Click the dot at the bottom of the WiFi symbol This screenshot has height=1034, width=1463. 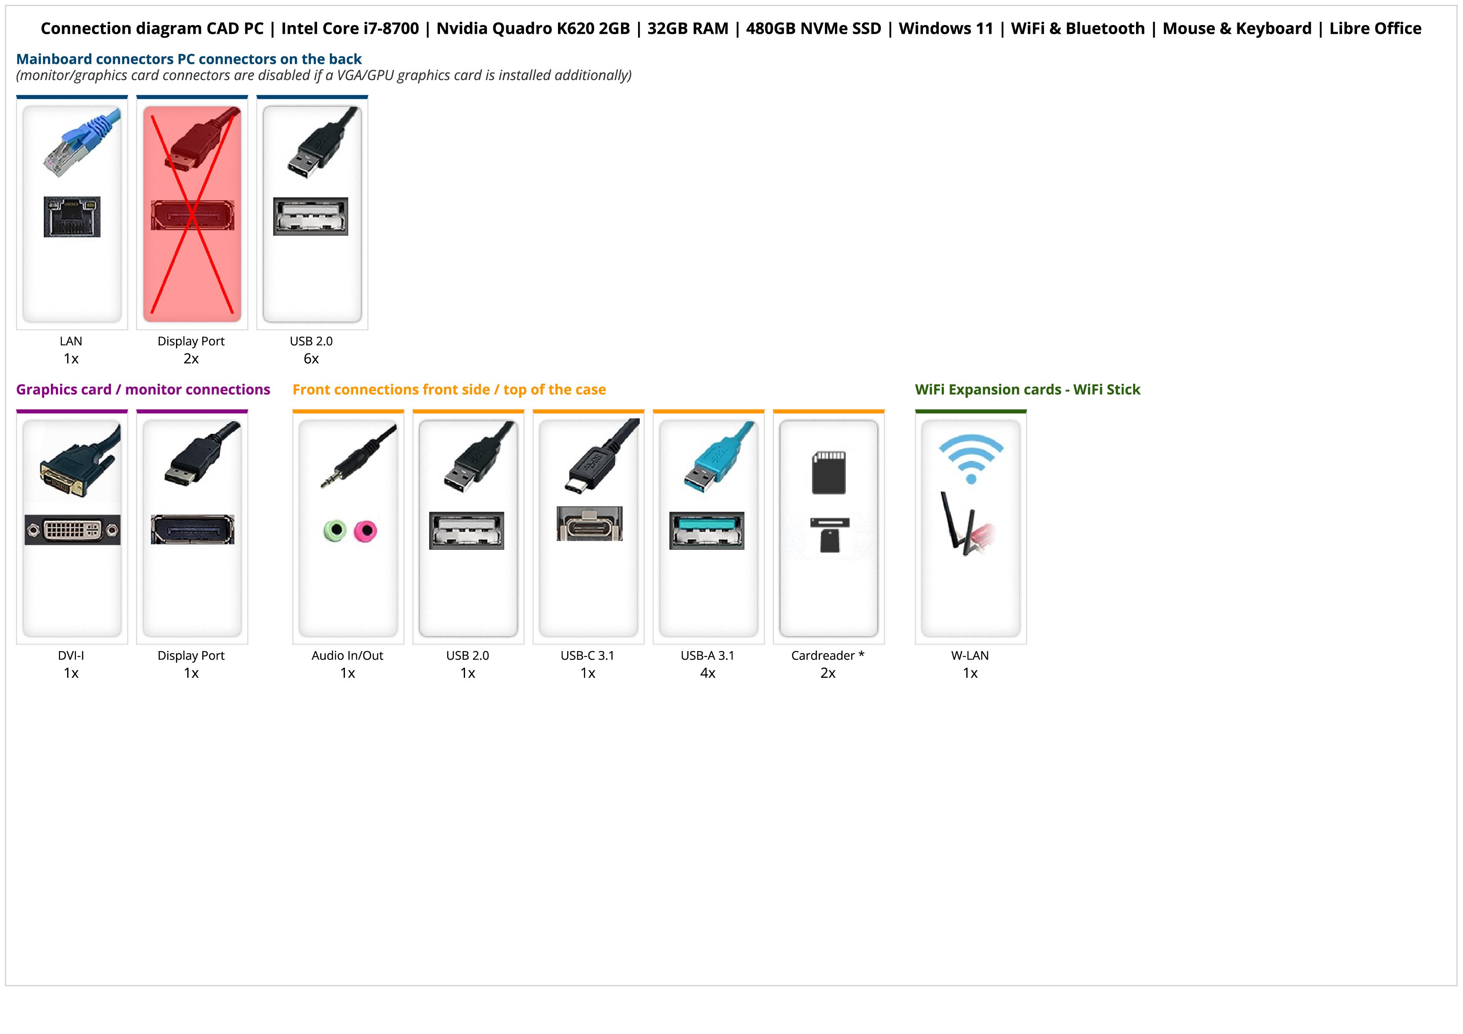click(x=971, y=478)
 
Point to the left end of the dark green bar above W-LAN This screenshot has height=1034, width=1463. click(x=916, y=412)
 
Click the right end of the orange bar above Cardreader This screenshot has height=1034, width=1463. click(x=885, y=412)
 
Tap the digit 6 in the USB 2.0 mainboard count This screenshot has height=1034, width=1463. click(x=307, y=359)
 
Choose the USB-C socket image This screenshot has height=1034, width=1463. click(x=589, y=524)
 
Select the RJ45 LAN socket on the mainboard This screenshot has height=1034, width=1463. click(x=72, y=216)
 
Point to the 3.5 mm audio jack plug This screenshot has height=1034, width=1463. click(x=357, y=458)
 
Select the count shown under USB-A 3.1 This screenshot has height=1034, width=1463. click(x=708, y=673)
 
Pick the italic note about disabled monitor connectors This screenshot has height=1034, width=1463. click(x=324, y=75)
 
